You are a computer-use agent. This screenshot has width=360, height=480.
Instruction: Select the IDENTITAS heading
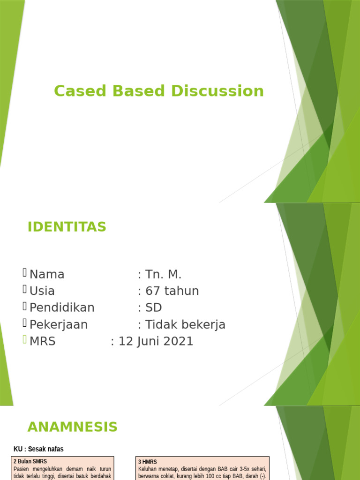tap(67, 227)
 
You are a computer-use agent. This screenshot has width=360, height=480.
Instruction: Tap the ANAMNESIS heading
tap(72, 427)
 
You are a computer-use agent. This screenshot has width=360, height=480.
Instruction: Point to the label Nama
tap(47, 274)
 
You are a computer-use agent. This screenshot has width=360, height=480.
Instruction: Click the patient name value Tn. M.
tap(163, 274)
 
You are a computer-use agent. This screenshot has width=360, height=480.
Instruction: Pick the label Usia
tap(42, 291)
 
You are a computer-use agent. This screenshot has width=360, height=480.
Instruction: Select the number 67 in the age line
tap(153, 291)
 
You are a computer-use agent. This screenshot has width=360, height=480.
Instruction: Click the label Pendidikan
tap(62, 308)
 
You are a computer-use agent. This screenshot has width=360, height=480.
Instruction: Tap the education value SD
tap(154, 308)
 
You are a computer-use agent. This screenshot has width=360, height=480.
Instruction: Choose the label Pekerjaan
tap(59, 325)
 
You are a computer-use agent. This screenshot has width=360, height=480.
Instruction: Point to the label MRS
tap(42, 342)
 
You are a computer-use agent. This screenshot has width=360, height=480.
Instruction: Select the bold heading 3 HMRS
tap(148, 462)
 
